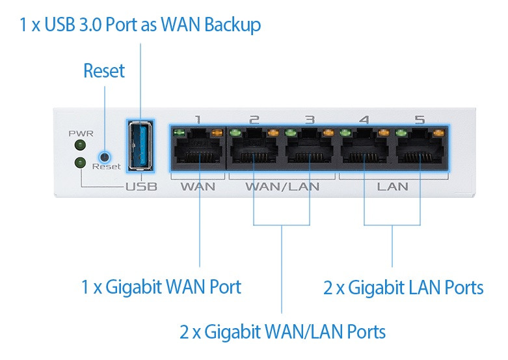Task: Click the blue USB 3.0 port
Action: [x=141, y=146]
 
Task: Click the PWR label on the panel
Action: [x=81, y=133]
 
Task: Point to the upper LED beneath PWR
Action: [x=80, y=145]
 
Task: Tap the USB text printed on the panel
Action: [x=141, y=187]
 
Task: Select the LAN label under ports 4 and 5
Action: [x=392, y=187]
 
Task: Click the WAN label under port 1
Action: [x=198, y=187]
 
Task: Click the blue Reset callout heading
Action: [x=104, y=71]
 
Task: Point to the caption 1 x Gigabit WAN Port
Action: [x=161, y=286]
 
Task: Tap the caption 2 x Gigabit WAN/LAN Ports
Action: [x=282, y=331]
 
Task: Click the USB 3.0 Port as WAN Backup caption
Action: [x=140, y=25]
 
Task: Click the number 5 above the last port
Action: [x=420, y=120]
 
